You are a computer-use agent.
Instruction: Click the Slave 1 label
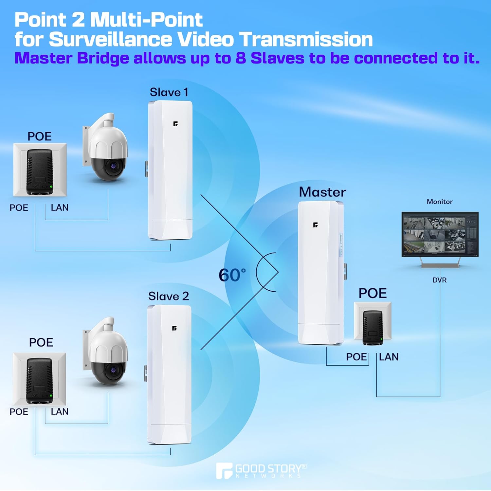click(169, 92)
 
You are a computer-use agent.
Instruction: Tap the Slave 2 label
click(168, 296)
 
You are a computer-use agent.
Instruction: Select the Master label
click(322, 192)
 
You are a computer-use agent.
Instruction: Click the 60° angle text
click(232, 275)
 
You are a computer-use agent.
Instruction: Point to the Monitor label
click(440, 202)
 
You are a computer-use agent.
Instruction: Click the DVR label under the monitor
click(439, 280)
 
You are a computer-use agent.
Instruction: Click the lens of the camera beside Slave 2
click(113, 370)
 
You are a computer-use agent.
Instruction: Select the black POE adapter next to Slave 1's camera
click(40, 172)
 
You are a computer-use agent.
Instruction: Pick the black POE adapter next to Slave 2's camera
click(39, 381)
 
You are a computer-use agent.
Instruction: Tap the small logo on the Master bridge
click(315, 225)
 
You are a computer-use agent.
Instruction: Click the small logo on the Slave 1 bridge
click(175, 124)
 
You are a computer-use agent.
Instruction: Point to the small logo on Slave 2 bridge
click(174, 328)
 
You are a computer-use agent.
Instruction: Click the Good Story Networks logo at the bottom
click(261, 471)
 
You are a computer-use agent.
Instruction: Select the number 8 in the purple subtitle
click(241, 58)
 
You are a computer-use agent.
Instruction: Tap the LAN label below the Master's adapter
click(389, 357)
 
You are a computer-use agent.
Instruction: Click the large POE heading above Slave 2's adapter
click(41, 342)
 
